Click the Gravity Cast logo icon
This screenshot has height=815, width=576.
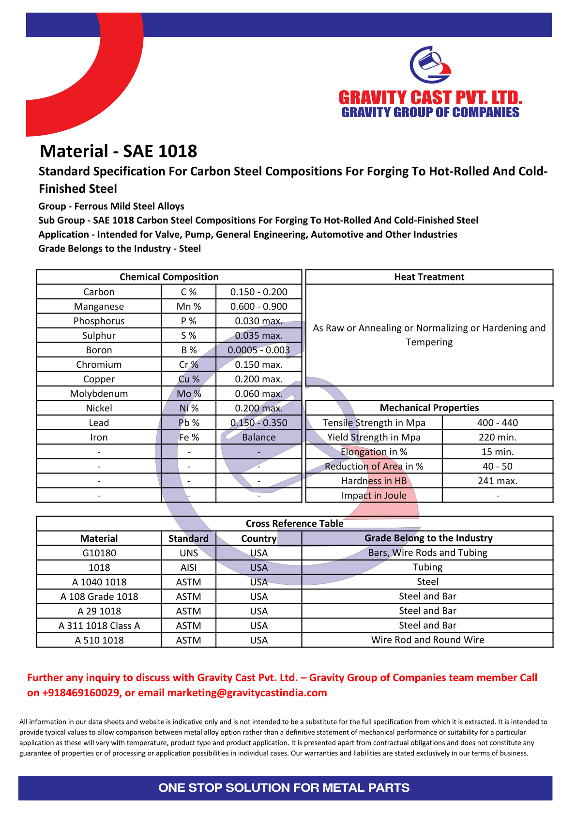pyautogui.click(x=430, y=65)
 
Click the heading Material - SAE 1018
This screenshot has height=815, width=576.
pyautogui.click(x=119, y=151)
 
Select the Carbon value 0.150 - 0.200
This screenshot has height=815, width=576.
pyautogui.click(x=258, y=292)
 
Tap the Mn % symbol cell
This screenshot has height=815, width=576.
pyautogui.click(x=188, y=306)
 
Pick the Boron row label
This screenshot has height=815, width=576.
pyautogui.click(x=99, y=350)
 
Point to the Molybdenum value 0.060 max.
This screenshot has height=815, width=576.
pyautogui.click(x=258, y=393)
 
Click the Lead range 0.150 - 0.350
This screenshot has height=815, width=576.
pyautogui.click(x=258, y=423)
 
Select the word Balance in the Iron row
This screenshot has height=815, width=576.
pyautogui.click(x=258, y=437)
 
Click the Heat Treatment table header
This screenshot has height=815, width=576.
pyautogui.click(x=429, y=277)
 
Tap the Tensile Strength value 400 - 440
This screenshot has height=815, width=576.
pyautogui.click(x=497, y=423)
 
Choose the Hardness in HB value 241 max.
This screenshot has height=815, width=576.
pyautogui.click(x=497, y=481)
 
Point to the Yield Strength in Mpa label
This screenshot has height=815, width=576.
pyautogui.click(x=374, y=437)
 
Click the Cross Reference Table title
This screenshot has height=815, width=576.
pyautogui.click(x=294, y=523)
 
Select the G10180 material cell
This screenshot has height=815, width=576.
pyautogui.click(x=99, y=553)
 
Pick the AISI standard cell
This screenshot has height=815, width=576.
pyautogui.click(x=188, y=567)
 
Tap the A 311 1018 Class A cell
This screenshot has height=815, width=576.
pyautogui.click(x=99, y=626)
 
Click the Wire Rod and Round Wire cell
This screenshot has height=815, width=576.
pyautogui.click(x=427, y=640)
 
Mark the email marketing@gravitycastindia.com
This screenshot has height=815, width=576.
pyautogui.click(x=247, y=692)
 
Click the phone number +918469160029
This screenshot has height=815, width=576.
pyautogui.click(x=81, y=692)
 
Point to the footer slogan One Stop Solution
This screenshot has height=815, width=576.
pyautogui.click(x=284, y=787)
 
